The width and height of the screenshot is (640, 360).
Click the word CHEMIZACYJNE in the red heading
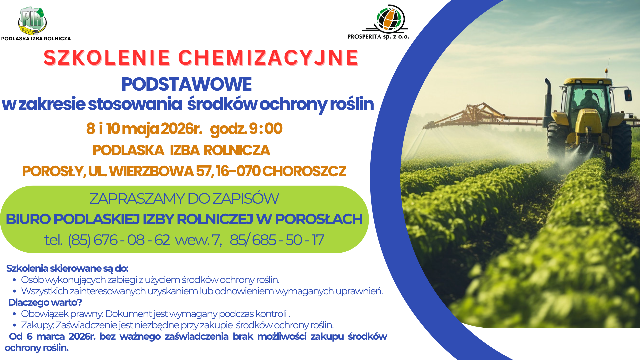click(268, 58)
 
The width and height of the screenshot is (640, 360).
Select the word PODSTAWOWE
click(186, 84)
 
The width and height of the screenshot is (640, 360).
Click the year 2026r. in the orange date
click(181, 129)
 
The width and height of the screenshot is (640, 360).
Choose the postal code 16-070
click(238, 171)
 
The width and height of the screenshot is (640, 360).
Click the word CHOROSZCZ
click(304, 171)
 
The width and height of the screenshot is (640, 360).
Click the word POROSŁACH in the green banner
click(318, 219)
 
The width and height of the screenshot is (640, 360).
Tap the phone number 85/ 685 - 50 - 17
click(277, 240)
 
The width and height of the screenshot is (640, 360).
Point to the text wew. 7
click(198, 240)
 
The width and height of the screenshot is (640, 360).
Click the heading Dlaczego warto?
click(45, 302)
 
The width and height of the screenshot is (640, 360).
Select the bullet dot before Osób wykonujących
click(14, 280)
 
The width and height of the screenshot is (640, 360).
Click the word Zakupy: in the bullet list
click(37, 325)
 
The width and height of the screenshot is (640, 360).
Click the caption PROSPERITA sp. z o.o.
click(378, 37)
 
